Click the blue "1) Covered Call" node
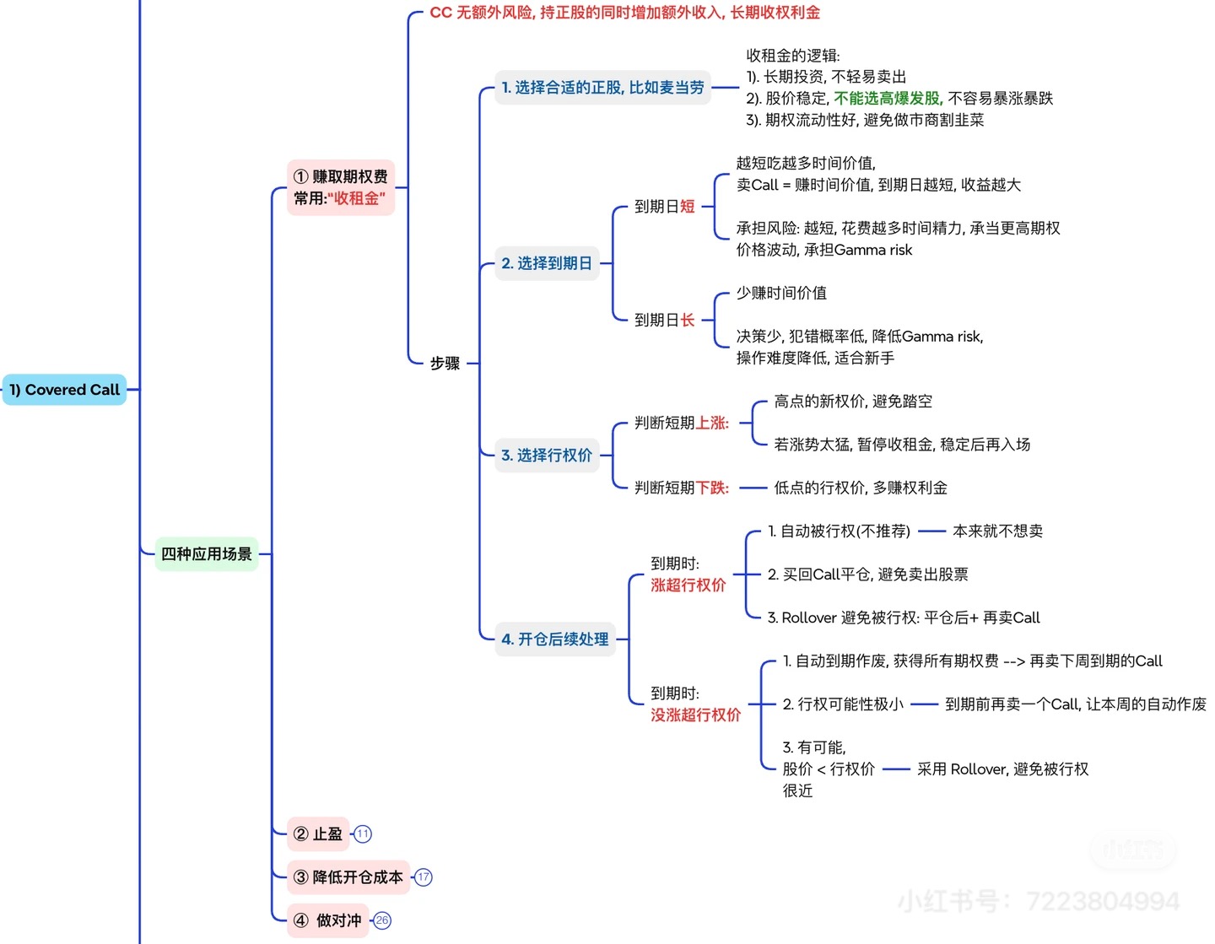pyautogui.click(x=64, y=390)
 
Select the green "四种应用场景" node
pyautogui.click(x=207, y=554)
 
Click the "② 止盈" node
pyautogui.click(x=318, y=834)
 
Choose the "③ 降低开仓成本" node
pyautogui.click(x=348, y=877)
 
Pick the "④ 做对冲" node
pyautogui.click(x=328, y=920)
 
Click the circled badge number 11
pyautogui.click(x=363, y=834)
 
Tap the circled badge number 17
pyautogui.click(x=424, y=877)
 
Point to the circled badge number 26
pyautogui.click(x=382, y=920)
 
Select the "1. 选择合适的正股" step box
pyautogui.click(x=602, y=88)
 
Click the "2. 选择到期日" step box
pyautogui.click(x=547, y=263)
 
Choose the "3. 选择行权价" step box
pyautogui.click(x=547, y=456)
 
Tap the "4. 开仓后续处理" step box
pyautogui.click(x=555, y=639)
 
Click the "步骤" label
pyautogui.click(x=445, y=364)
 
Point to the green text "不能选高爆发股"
pyautogui.click(x=887, y=99)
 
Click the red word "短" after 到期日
pyautogui.click(x=688, y=207)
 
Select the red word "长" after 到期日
pyautogui.click(x=688, y=321)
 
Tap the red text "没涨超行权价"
pyautogui.click(x=695, y=715)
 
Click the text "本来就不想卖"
pyautogui.click(x=997, y=531)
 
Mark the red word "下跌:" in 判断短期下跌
pyautogui.click(x=712, y=488)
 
